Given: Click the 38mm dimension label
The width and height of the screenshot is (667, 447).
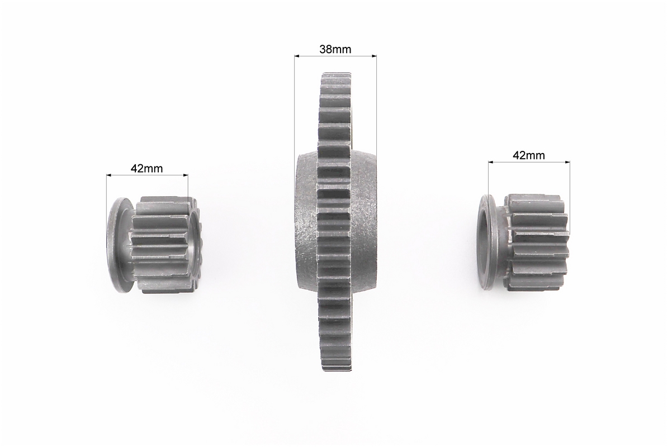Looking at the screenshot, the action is pos(335,49).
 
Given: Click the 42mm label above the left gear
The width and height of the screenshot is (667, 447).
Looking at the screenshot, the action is pos(146,168).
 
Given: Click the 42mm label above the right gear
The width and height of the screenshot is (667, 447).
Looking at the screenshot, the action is pos(529,155).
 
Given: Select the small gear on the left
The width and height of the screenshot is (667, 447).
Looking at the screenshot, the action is pos(155,245).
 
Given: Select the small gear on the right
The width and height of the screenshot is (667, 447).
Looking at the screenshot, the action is pos(524,243).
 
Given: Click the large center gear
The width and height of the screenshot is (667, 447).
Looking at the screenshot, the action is pos(335,222).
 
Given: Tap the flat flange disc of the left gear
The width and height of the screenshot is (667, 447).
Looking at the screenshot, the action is pos(115,245).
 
